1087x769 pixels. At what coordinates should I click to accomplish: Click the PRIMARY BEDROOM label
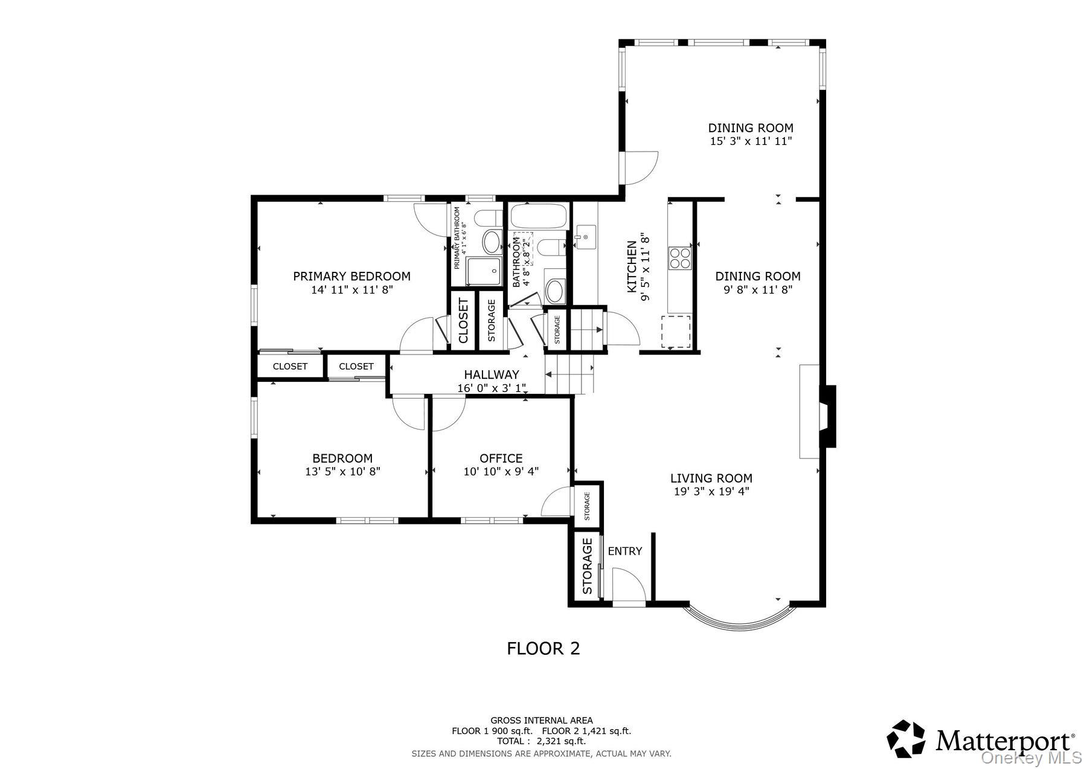[351, 276]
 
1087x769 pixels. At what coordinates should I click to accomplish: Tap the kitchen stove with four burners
[679, 258]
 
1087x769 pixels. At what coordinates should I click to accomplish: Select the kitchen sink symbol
[585, 236]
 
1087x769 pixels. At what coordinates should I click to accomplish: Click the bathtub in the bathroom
[539, 216]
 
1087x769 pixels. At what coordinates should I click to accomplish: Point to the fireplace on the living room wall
[826, 416]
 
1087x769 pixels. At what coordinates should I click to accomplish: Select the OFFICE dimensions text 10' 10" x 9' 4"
[501, 472]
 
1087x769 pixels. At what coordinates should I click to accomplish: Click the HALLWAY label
[491, 375]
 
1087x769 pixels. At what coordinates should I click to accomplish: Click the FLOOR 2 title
[543, 649]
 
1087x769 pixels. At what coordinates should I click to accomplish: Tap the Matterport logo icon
[906, 738]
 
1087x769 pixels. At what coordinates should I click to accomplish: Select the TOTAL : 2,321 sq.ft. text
[541, 741]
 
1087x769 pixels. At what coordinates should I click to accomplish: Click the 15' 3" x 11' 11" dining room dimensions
[750, 141]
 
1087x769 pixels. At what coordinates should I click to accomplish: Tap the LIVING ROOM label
[711, 478]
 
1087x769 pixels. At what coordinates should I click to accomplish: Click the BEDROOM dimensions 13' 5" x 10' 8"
[342, 472]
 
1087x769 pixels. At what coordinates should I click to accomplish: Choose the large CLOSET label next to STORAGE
[463, 320]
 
